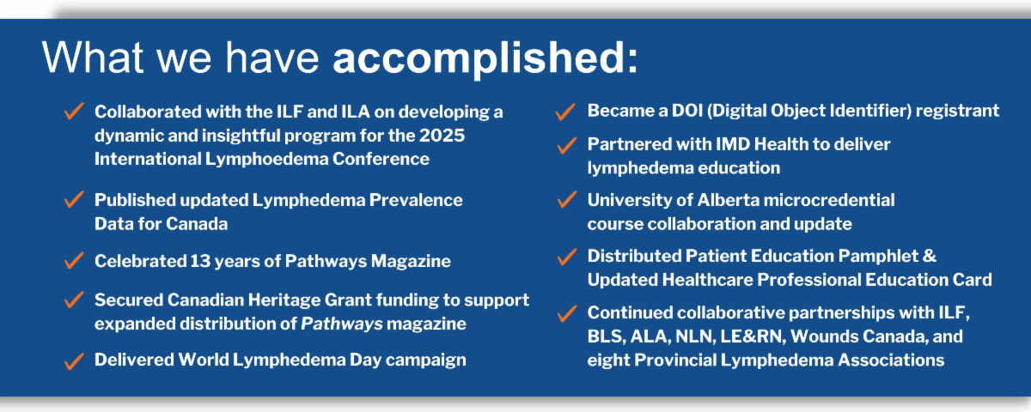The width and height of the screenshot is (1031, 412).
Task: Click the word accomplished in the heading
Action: pos(485,59)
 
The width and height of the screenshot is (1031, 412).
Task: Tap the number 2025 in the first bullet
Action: pos(442,136)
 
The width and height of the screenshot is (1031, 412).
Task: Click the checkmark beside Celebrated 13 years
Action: pos(74,260)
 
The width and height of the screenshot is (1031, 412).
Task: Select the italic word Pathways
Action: pos(342,324)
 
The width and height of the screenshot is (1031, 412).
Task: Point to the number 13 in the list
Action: pos(199,261)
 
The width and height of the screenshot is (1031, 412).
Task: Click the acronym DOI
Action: pos(687,111)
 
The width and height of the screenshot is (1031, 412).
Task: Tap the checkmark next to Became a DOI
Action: pos(565,112)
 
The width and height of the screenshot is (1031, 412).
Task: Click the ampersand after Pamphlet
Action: pos(930,256)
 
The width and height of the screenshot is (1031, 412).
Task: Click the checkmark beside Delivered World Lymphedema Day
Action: pos(74,361)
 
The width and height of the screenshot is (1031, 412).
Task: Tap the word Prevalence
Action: pos(416,201)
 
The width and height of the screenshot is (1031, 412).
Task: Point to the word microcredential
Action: pos(829,201)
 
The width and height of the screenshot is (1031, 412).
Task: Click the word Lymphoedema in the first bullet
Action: pos(266,160)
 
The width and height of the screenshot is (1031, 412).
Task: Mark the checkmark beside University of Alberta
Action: pos(567,199)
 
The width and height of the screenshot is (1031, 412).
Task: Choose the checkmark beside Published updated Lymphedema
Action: pos(74,199)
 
